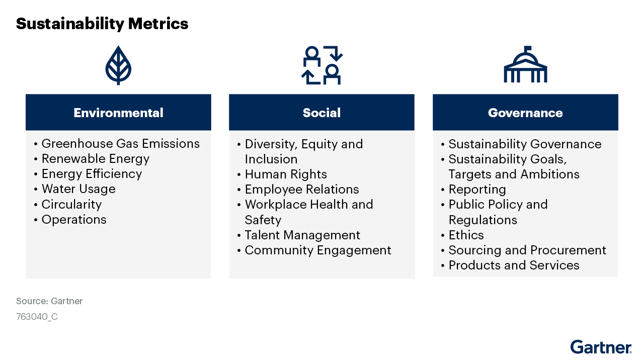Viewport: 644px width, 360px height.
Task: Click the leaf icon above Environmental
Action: (118, 65)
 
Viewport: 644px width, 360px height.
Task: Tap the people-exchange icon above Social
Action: (321, 65)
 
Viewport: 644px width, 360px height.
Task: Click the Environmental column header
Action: (118, 112)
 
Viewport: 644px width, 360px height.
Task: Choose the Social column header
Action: (321, 112)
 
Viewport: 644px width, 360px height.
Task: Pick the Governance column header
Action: (525, 112)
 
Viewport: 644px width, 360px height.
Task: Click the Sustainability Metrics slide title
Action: (102, 24)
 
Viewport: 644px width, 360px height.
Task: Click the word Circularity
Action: (71, 204)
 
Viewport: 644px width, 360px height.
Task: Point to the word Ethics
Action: (466, 235)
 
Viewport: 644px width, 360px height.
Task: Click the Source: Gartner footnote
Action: (49, 301)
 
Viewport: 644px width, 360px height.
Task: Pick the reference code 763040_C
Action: (37, 317)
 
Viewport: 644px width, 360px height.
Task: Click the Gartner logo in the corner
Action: (601, 347)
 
